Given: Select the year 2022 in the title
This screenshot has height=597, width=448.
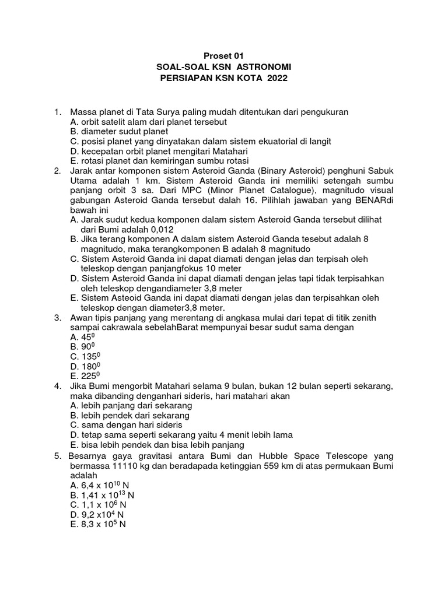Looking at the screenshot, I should [277, 79].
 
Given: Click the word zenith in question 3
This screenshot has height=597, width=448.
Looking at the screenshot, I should [363, 317].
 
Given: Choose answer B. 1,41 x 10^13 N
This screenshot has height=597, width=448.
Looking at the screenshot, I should [101, 494].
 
